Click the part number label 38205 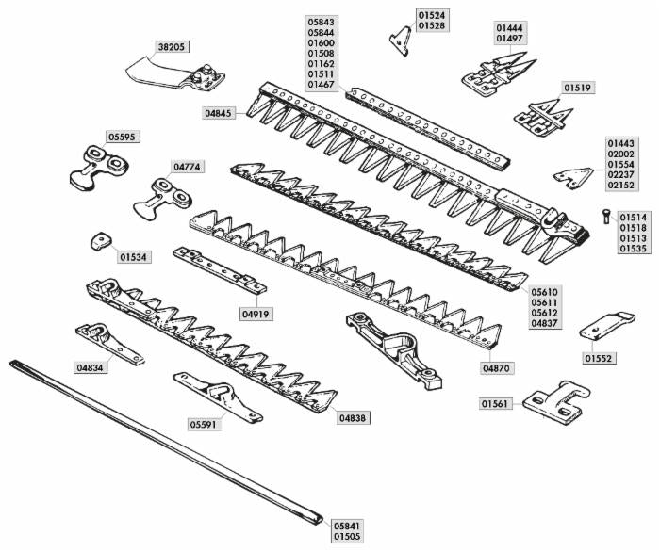[x=172, y=45]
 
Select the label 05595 [x=122, y=137]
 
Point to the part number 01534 [x=134, y=256]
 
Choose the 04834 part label [x=91, y=367]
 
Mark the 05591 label [x=204, y=425]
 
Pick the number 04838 [x=354, y=417]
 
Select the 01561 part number [x=495, y=404]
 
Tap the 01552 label [x=599, y=358]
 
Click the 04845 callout [x=220, y=113]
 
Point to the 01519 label [x=577, y=88]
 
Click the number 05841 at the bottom [x=347, y=525]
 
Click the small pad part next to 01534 [x=99, y=240]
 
